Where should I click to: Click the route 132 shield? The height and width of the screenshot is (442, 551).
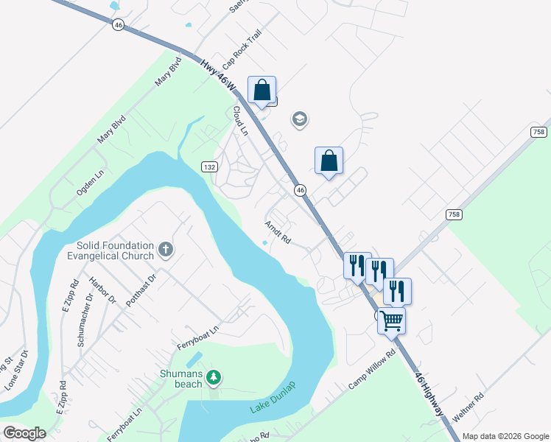click(209, 167)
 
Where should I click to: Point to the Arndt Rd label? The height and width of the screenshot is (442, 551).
click(278, 232)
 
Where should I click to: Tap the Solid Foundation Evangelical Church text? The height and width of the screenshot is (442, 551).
click(115, 250)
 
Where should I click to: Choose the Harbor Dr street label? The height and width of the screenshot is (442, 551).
click(102, 290)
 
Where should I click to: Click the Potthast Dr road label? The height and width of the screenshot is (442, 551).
click(141, 292)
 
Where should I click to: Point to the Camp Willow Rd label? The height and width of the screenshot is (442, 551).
click(372, 370)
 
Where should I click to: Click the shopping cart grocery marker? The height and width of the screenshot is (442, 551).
click(392, 320)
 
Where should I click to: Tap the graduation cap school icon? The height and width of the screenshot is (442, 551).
click(299, 119)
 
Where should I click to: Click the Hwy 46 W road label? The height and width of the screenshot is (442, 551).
click(218, 76)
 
